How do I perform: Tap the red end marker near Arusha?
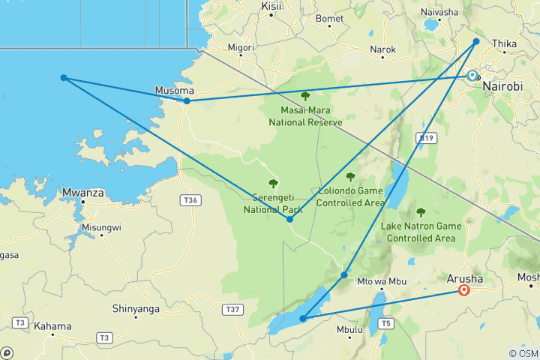click(464, 290)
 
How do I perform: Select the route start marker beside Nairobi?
click(472, 75)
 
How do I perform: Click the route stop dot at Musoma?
click(187, 100)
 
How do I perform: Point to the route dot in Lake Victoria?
click(64, 78)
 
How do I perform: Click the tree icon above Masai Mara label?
click(305, 96)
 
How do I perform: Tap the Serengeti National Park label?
click(272, 204)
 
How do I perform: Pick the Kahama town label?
click(52, 326)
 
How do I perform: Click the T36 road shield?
click(191, 199)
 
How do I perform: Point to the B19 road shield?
click(425, 138)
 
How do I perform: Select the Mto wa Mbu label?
click(376, 282)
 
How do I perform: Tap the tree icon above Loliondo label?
click(350, 177)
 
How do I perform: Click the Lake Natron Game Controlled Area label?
click(421, 232)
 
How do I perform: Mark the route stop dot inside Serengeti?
click(289, 219)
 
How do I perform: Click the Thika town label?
click(504, 44)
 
